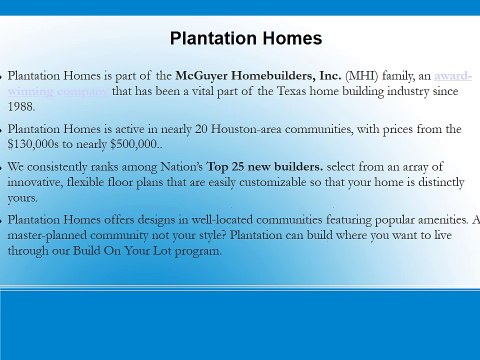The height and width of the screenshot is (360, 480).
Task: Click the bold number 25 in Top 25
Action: point(292,166)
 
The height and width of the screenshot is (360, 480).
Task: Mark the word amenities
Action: point(435,220)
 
